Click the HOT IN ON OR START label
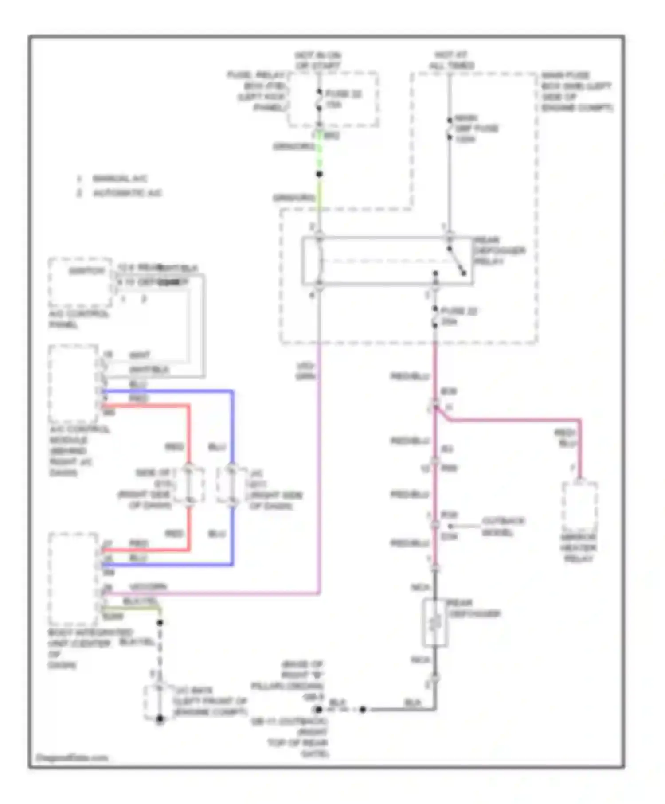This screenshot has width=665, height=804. (x=318, y=61)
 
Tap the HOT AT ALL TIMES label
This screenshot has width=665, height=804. (x=451, y=60)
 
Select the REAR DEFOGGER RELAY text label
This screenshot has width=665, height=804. (x=499, y=251)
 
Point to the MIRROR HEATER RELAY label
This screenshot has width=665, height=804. (x=578, y=548)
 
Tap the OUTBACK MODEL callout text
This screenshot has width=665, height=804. (x=503, y=526)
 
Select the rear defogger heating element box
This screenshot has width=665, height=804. (x=435, y=622)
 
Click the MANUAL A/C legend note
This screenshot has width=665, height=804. (x=119, y=179)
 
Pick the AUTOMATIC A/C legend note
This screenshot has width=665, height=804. (x=127, y=193)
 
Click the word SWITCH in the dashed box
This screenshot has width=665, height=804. (x=86, y=271)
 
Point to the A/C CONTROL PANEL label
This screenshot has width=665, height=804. (x=78, y=319)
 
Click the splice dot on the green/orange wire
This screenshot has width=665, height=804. (x=319, y=174)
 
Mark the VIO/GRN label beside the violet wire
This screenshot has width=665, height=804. (x=305, y=371)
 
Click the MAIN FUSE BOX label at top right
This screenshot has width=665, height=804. (x=576, y=91)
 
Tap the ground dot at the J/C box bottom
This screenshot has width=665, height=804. (x=160, y=719)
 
